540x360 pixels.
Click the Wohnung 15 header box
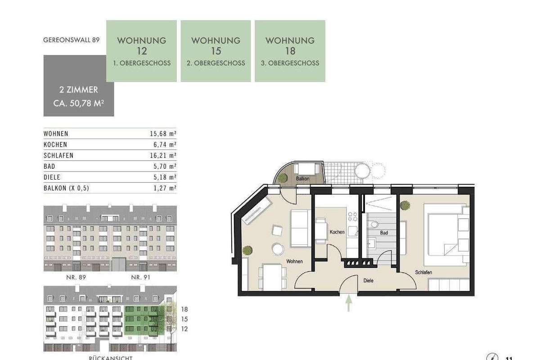216,51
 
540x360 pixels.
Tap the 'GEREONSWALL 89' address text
72,40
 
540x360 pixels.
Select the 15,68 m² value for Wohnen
163,134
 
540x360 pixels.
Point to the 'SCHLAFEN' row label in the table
58,156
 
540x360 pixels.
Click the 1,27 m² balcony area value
165,188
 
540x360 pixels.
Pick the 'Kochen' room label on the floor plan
337,232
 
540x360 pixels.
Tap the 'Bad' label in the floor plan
384,233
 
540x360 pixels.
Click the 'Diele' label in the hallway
369,280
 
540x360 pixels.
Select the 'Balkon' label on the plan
302,179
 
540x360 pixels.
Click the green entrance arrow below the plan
349,303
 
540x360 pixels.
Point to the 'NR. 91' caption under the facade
140,278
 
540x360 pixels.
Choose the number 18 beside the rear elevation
184,309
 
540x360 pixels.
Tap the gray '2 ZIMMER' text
79,90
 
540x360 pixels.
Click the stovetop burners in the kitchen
352,216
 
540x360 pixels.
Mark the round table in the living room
278,249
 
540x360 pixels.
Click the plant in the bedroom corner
405,206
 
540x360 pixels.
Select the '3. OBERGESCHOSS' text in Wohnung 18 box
290,63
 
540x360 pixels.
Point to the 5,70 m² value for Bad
165,166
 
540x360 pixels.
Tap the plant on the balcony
282,178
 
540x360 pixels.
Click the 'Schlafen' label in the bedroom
423,272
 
